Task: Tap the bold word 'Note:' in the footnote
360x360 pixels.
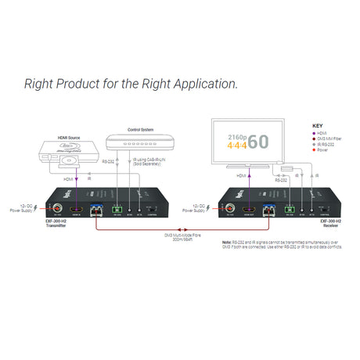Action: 227,243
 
